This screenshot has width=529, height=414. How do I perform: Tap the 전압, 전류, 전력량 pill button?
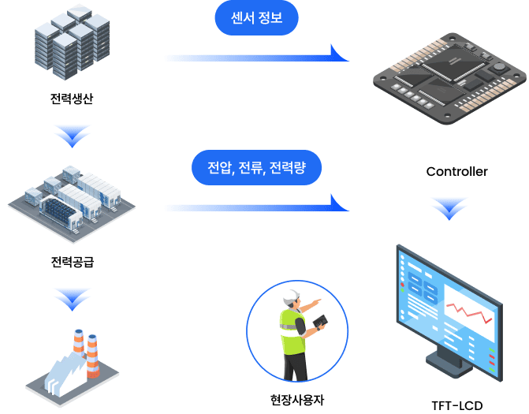(256, 168)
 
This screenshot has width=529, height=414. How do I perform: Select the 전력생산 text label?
(72, 100)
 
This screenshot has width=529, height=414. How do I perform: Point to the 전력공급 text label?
(72, 262)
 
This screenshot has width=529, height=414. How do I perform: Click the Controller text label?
(457, 171)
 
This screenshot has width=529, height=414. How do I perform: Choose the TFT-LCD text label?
(456, 405)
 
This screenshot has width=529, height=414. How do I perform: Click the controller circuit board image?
(447, 79)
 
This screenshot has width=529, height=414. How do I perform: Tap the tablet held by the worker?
(320, 322)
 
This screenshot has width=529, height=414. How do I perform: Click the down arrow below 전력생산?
(73, 136)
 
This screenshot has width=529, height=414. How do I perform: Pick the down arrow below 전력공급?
(73, 299)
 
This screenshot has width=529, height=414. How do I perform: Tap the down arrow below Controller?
(449, 208)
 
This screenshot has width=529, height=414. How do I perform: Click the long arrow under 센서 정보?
(256, 57)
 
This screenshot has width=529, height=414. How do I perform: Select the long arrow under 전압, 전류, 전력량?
(256, 207)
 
